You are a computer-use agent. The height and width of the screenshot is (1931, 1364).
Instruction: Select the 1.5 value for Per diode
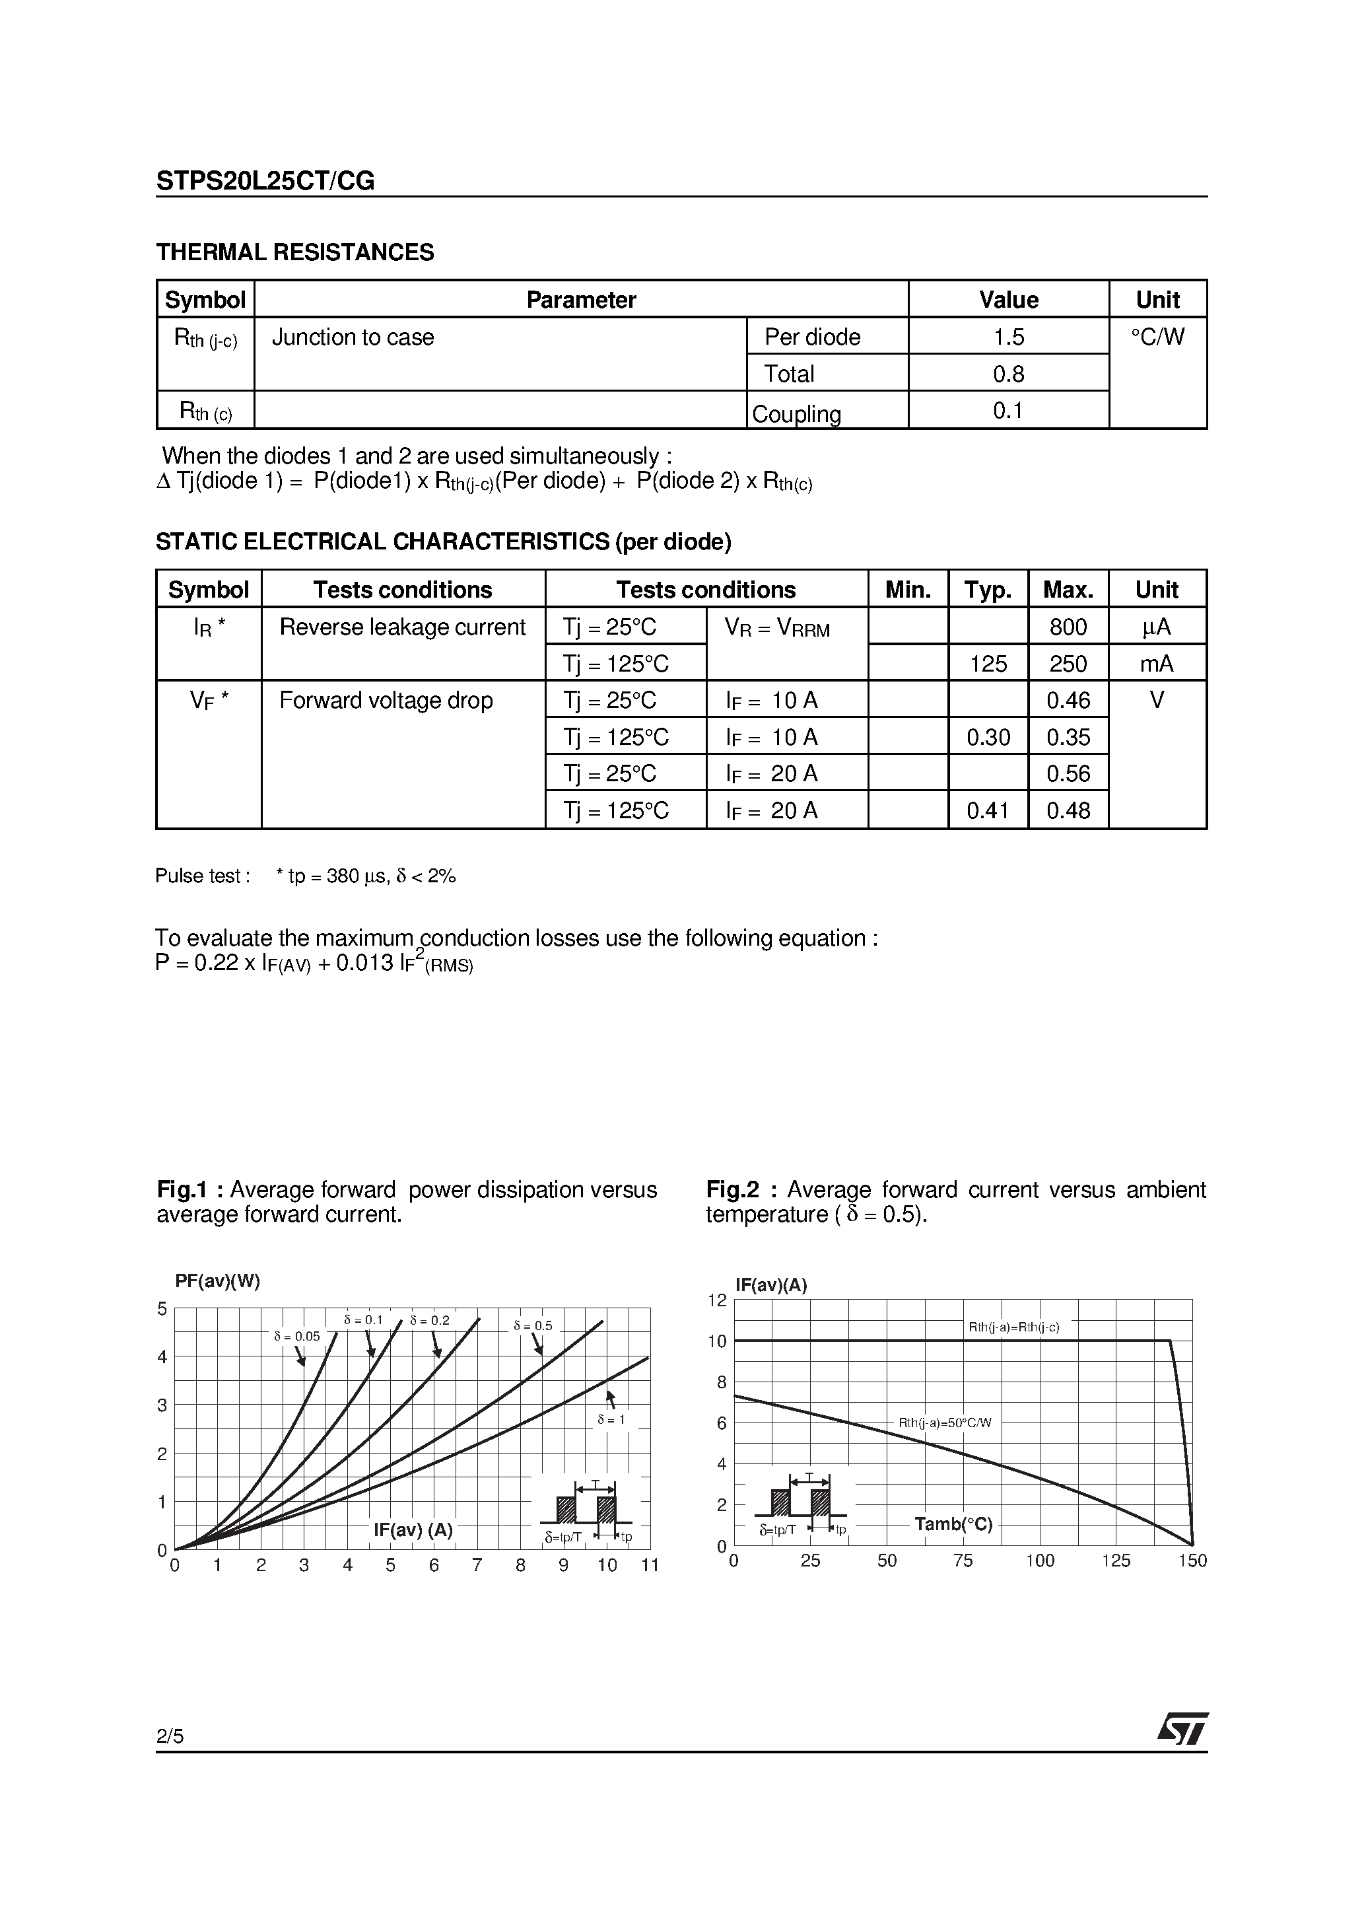click(x=1008, y=337)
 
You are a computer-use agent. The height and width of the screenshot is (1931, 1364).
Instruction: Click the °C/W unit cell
click(x=1157, y=337)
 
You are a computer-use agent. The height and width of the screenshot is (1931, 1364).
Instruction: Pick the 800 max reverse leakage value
click(x=1068, y=627)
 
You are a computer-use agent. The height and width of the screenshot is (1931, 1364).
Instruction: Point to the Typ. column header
click(x=988, y=590)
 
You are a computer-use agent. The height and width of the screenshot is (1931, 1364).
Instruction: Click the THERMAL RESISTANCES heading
click(x=295, y=252)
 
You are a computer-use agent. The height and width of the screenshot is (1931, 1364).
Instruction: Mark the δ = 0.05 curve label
click(x=297, y=1335)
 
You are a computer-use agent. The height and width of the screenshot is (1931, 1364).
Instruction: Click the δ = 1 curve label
click(x=611, y=1419)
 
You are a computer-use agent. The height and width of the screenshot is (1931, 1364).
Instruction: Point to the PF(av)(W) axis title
click(x=217, y=1281)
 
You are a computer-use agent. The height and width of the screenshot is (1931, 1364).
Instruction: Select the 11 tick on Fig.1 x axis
click(x=649, y=1565)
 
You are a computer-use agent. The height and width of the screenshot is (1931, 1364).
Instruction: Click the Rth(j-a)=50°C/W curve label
click(x=944, y=1423)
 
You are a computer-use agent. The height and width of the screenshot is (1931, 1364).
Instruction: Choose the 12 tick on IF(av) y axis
click(x=716, y=1300)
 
